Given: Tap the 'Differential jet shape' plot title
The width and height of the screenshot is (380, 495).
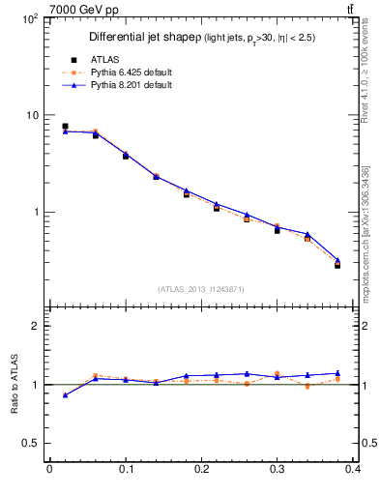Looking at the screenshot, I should [144, 38].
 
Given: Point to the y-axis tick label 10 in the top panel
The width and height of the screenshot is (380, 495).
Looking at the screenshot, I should [32, 115].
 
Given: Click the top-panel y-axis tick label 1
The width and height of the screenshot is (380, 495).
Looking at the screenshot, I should [35, 212].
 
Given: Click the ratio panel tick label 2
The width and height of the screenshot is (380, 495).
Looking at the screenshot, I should [35, 327].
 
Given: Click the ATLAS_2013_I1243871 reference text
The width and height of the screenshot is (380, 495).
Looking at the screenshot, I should [201, 289].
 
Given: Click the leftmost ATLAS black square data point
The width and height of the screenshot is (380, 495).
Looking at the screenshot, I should [65, 127].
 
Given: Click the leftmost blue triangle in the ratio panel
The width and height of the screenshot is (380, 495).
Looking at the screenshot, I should [65, 394].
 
